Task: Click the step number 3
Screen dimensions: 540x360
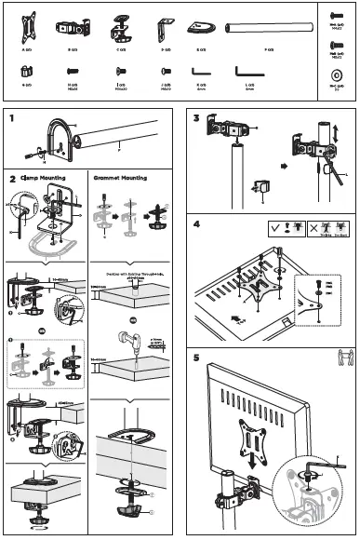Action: [196, 118]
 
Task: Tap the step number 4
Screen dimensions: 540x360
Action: [196, 224]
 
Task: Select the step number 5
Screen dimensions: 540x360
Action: [196, 355]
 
